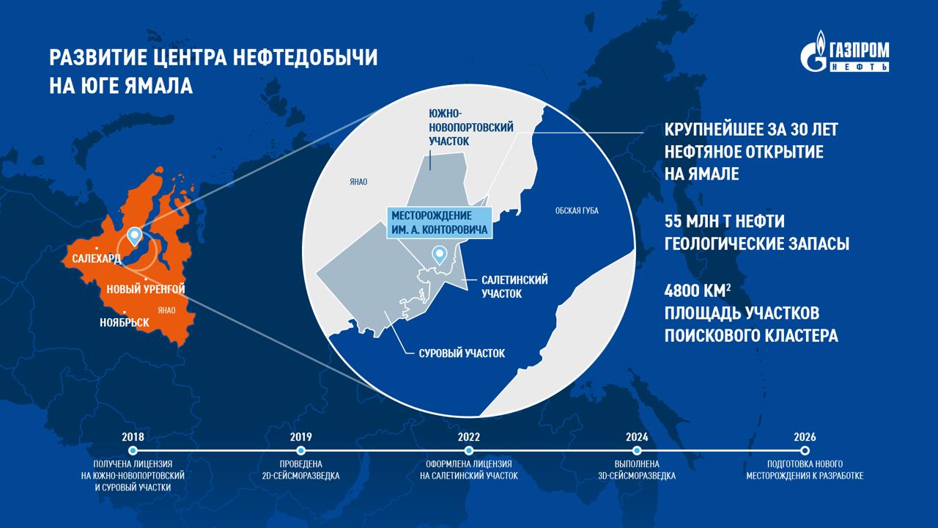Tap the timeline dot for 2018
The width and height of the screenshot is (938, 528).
(133, 450)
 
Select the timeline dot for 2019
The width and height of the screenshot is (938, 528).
(300, 450)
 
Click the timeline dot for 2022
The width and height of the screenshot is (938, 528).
(469, 450)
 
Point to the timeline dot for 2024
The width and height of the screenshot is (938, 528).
(637, 450)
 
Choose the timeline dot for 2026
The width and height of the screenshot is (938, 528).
(805, 450)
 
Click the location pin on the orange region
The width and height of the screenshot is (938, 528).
(134, 235)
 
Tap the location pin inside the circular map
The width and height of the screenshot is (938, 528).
(440, 254)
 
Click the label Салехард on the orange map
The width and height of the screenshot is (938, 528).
(97, 259)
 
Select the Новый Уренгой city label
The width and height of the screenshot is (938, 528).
(145, 290)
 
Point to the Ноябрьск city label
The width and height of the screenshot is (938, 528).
(125, 323)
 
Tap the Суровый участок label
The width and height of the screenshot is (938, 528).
(462, 353)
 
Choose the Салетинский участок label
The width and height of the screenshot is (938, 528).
(514, 287)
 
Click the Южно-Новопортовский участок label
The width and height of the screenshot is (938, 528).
(470, 126)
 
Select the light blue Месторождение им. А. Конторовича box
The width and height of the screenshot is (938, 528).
(440, 223)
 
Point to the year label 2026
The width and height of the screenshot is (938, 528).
(805, 437)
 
